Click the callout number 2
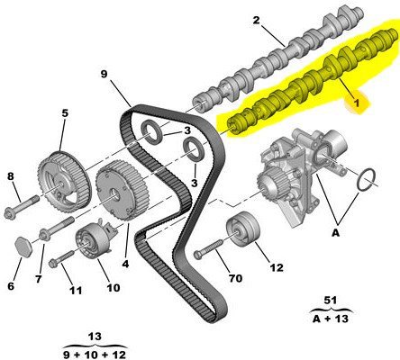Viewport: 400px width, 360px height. click(256, 21)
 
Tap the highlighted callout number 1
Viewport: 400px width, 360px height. click(357, 103)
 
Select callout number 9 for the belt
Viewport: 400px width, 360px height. click(104, 74)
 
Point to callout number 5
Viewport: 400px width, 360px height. click(65, 113)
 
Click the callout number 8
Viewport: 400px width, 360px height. click(11, 176)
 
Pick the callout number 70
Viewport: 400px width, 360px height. click(235, 278)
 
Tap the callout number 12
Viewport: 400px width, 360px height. click(277, 267)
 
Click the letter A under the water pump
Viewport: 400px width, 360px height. click(336, 232)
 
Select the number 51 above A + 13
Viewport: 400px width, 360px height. click(331, 300)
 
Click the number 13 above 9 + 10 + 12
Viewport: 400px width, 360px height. click(95, 337)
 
